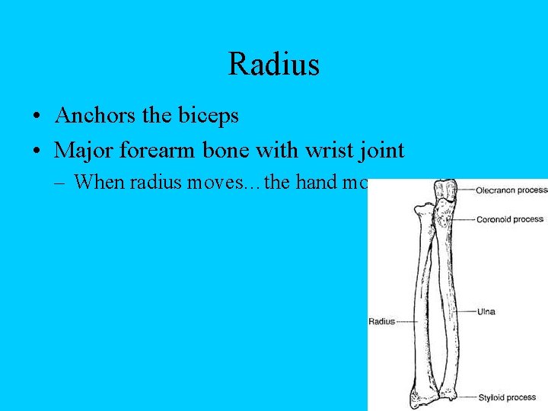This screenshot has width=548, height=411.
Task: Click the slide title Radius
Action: click(x=273, y=64)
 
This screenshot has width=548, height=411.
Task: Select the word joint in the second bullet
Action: click(x=378, y=151)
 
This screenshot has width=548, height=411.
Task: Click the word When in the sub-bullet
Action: click(x=97, y=182)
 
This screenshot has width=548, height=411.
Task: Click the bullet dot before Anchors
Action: click(x=36, y=117)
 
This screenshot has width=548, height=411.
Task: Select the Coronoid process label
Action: click(x=509, y=219)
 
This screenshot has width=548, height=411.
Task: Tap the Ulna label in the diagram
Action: click(x=486, y=311)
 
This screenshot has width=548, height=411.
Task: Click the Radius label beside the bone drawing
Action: click(x=382, y=321)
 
